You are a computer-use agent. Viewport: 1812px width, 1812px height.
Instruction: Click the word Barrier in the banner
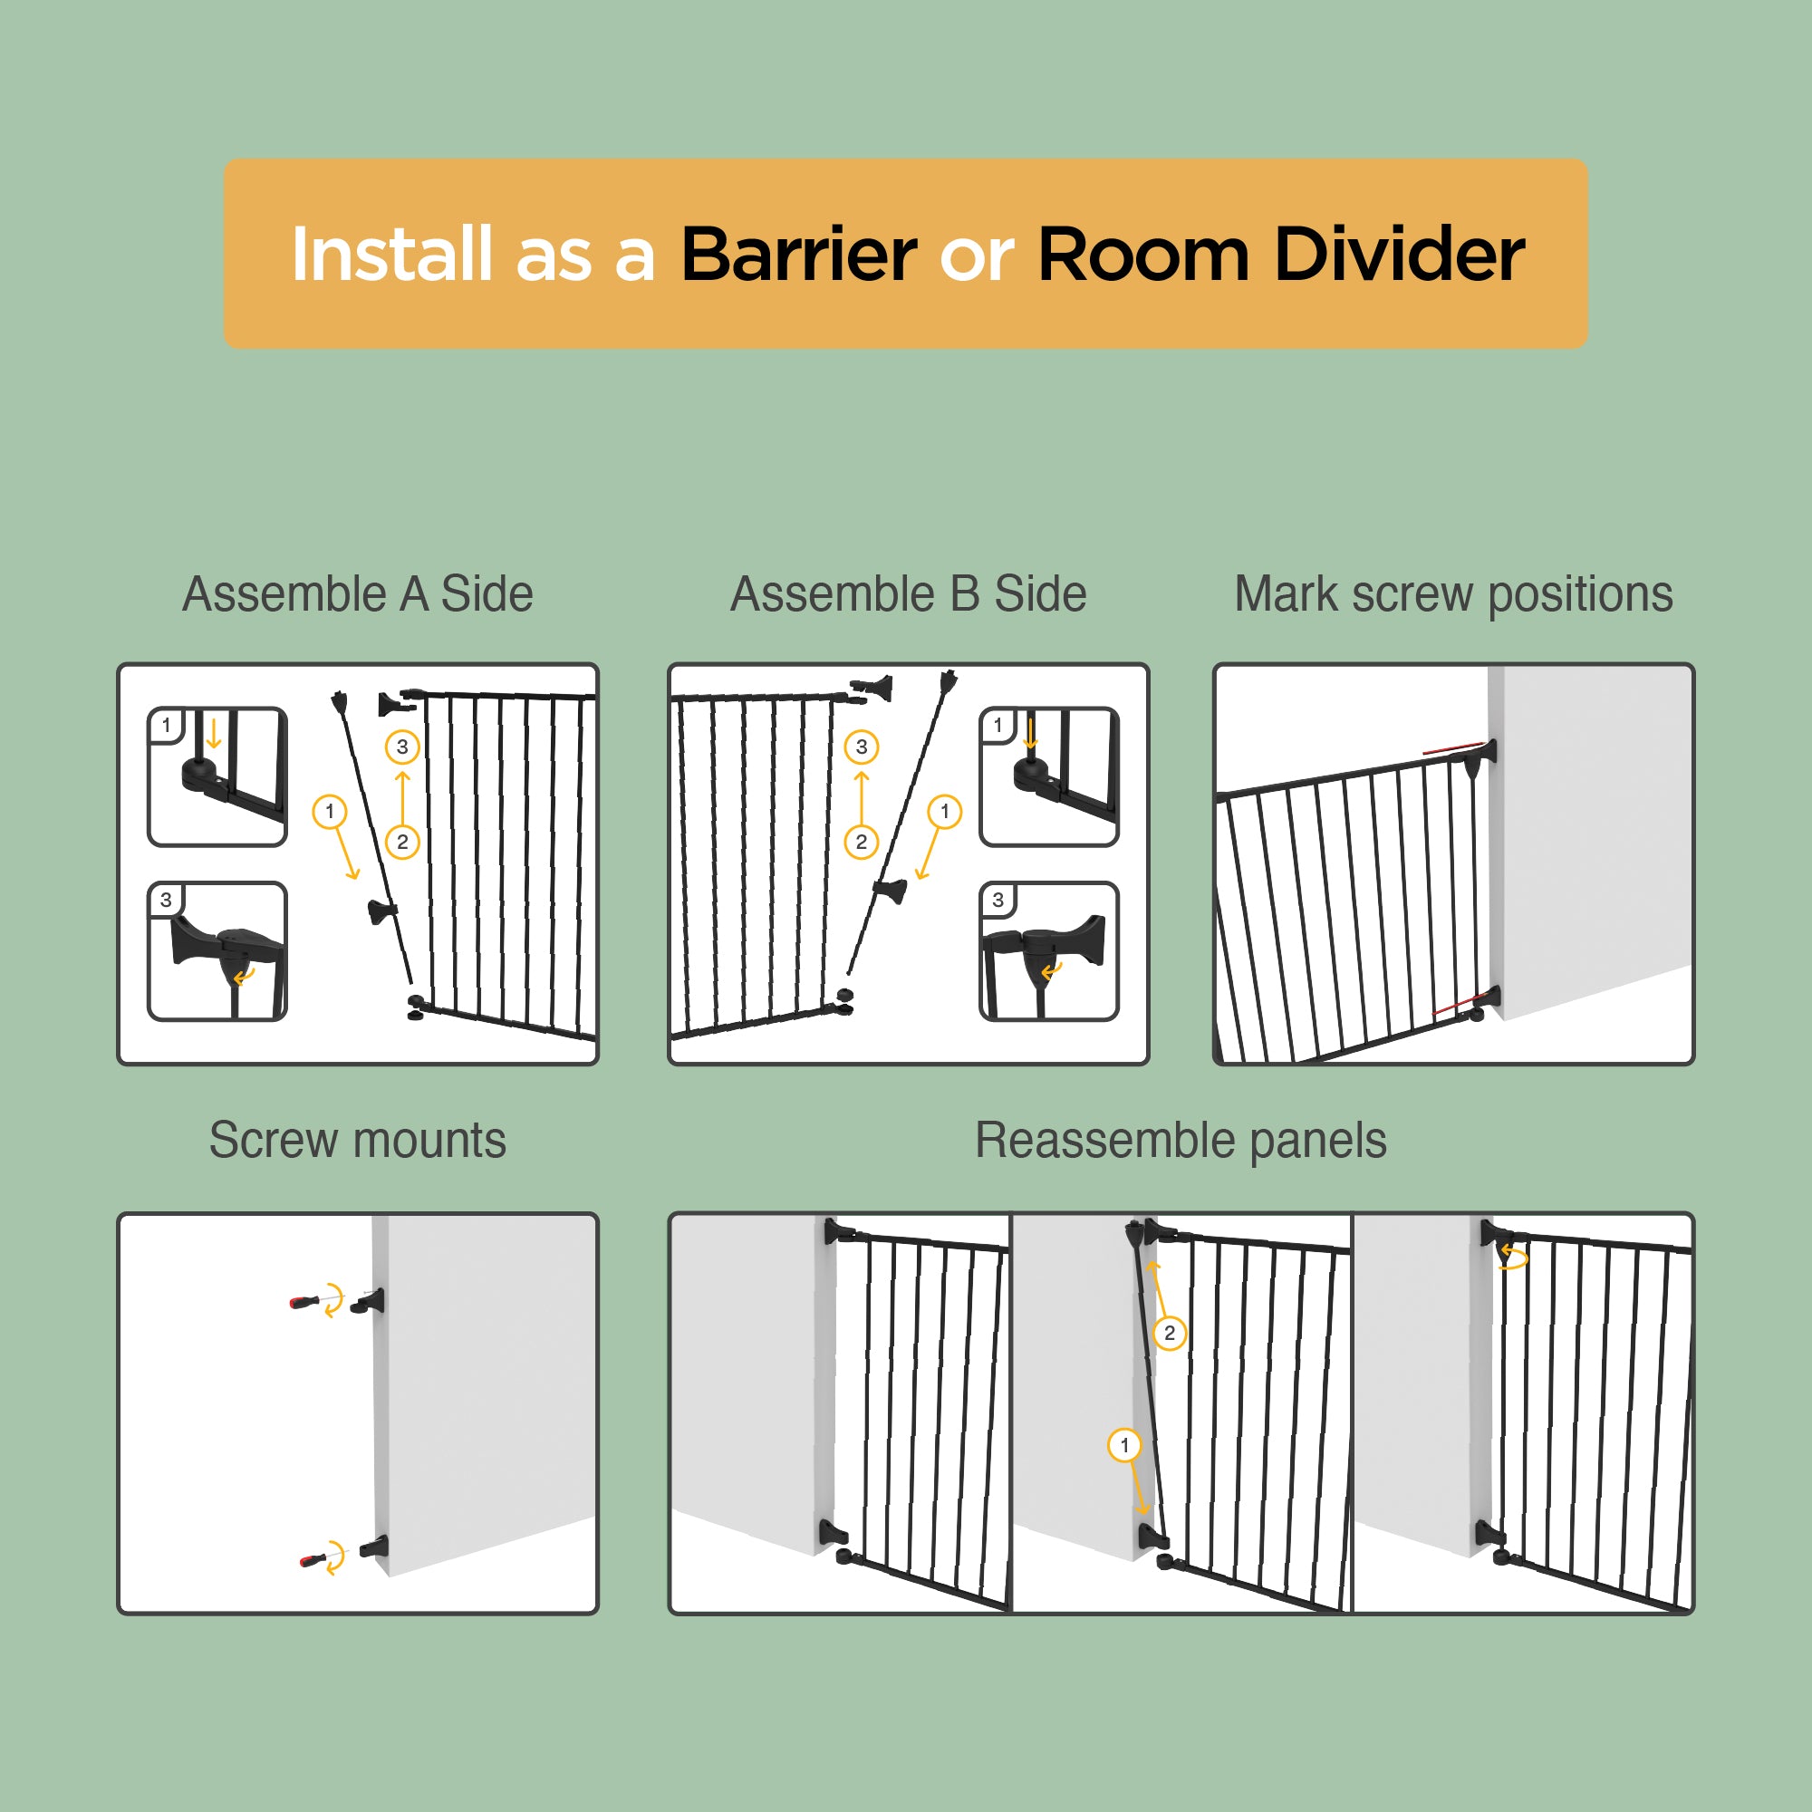click(x=798, y=255)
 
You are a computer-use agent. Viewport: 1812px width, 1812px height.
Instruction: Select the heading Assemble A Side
click(x=357, y=593)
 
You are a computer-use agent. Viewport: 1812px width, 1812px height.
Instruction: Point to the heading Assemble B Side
click(x=908, y=593)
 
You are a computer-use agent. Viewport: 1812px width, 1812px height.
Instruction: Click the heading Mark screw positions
click(x=1453, y=594)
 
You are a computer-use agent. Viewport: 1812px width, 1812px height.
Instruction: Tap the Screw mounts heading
click(x=357, y=1141)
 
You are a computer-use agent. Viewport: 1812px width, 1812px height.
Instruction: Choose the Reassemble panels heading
click(x=1181, y=1142)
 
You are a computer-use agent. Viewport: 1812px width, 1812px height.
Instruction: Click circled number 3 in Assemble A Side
click(x=402, y=747)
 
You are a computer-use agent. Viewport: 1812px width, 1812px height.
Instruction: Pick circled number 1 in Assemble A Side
click(x=329, y=811)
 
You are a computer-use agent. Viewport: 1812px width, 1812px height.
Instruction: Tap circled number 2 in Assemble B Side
click(x=861, y=842)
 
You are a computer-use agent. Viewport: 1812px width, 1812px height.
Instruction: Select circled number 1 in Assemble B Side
click(x=944, y=811)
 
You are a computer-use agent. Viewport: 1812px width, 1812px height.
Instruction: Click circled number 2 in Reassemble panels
click(x=1170, y=1333)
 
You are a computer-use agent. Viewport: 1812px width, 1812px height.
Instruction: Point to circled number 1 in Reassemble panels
click(x=1124, y=1445)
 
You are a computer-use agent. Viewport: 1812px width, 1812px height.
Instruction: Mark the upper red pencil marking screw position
click(x=1453, y=748)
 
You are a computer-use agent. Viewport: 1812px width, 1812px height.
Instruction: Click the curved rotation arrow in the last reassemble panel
click(x=1513, y=1256)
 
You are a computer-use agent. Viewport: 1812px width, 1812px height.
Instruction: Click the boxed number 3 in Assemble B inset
click(x=998, y=901)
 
